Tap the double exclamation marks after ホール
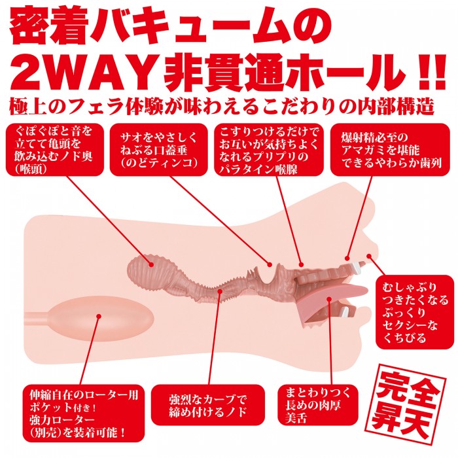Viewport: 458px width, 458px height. (433, 74)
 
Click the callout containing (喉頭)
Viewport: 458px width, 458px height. (55, 150)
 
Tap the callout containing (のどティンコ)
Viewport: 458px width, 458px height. (158, 150)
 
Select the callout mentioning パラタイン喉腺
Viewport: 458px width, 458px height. (269, 150)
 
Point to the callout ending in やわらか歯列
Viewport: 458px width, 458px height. (390, 150)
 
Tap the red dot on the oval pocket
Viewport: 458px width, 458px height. (99, 316)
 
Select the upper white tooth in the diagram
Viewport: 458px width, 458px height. (357, 266)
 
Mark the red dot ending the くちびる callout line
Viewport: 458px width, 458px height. (369, 256)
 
